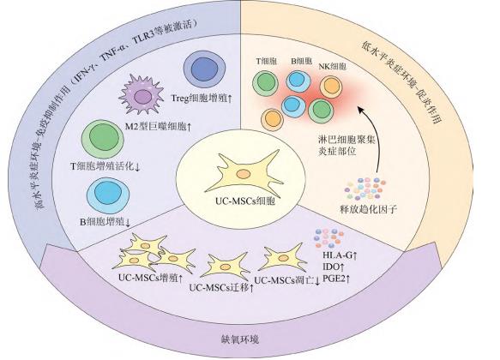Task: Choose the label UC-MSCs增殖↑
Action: tap(152, 277)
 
